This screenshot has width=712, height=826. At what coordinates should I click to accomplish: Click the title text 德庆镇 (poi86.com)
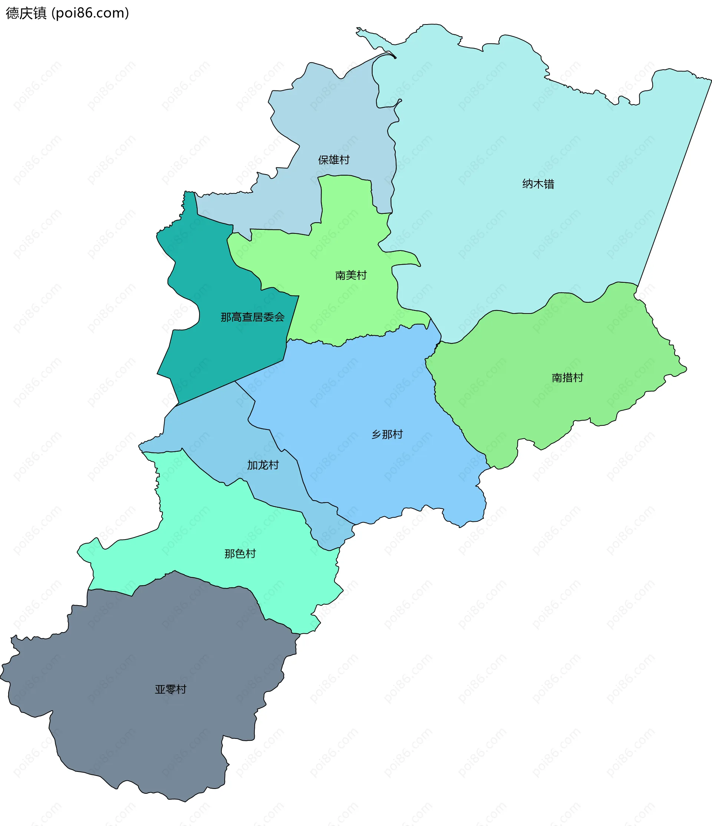[67, 13]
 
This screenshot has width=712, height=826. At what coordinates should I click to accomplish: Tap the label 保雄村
[334, 160]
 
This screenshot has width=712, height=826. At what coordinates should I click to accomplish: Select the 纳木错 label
[538, 184]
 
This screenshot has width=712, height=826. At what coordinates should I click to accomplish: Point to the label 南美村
[350, 275]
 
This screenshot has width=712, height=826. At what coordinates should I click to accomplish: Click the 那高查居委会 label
[253, 317]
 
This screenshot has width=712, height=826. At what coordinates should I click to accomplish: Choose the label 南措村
[567, 377]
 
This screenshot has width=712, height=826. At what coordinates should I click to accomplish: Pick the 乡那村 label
[387, 434]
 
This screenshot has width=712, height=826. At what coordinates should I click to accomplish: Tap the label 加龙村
[263, 465]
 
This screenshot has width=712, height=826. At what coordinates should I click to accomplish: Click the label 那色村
[240, 553]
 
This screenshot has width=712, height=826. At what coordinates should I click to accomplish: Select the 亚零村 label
[170, 689]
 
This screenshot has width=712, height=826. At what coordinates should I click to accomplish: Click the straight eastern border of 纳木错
[674, 183]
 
